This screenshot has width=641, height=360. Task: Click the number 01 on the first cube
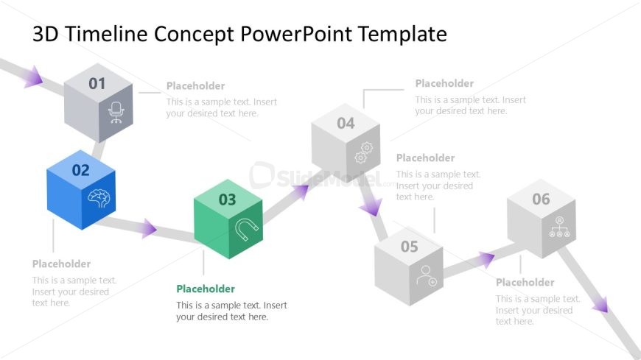(97, 84)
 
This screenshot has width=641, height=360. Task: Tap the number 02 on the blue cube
(80, 171)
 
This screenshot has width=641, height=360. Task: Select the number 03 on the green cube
(228, 199)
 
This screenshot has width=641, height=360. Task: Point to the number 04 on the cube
(346, 123)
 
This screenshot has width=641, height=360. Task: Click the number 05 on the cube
(409, 247)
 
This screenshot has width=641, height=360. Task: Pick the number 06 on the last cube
(541, 199)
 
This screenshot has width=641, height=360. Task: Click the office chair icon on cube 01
(116, 112)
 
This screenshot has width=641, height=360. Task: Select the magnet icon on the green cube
(247, 230)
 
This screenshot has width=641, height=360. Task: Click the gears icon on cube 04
(364, 152)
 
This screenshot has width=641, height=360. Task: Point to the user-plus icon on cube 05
(427, 276)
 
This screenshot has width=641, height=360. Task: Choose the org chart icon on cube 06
(559, 228)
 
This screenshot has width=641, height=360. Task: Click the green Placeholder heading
(206, 289)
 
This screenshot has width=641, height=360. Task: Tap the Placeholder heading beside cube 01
(195, 86)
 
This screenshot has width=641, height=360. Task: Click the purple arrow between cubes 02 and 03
(149, 228)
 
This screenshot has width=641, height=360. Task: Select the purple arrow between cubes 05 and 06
(486, 258)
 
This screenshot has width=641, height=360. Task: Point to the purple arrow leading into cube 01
(32, 76)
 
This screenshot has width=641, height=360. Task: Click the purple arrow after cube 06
(600, 303)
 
